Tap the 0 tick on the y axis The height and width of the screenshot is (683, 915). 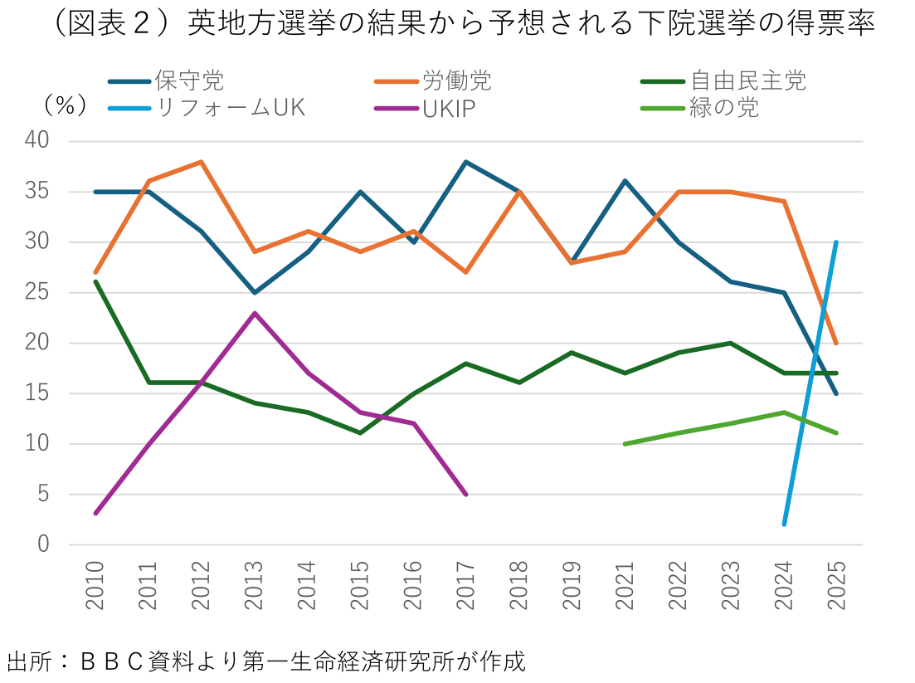44,545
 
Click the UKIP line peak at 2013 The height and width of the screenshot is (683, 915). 255,313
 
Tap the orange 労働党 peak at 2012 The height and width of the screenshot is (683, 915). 202,162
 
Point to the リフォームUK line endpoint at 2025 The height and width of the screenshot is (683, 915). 836,242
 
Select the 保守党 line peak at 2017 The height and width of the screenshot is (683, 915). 466,162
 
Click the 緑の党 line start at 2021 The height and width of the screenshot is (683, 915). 625,444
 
